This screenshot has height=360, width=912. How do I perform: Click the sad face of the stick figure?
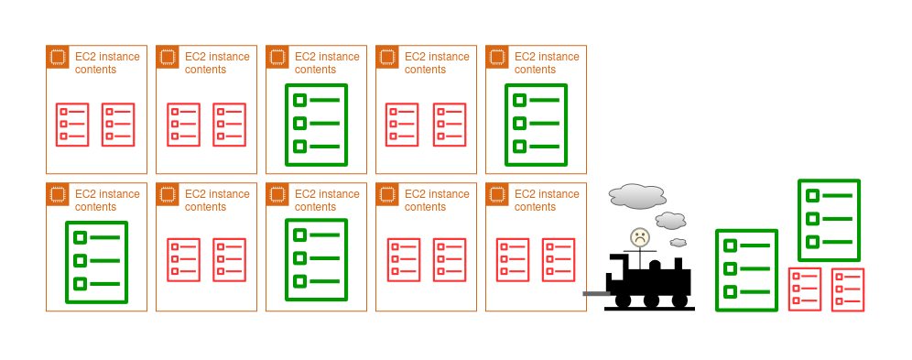640,237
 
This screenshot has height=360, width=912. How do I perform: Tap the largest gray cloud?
637,197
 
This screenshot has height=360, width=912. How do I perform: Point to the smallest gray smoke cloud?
679,243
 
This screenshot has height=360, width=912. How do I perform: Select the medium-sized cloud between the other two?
670,221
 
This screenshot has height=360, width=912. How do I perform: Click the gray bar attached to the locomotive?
596,294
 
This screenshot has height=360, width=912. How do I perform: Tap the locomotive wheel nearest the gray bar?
623,300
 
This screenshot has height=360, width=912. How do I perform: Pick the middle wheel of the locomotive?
651,300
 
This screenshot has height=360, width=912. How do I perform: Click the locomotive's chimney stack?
679,264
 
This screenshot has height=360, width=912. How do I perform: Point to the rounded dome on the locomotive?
655,266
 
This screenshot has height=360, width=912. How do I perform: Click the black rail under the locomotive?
650,309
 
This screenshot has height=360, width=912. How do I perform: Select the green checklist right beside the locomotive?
746,270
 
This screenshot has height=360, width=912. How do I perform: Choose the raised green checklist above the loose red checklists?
829,221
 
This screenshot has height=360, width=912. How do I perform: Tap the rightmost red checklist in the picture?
847,289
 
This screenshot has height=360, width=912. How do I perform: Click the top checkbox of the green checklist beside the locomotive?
730,246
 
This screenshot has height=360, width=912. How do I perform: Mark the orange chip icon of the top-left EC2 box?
57,57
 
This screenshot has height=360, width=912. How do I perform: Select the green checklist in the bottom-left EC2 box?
96,262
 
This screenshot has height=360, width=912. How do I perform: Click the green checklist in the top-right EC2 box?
536,125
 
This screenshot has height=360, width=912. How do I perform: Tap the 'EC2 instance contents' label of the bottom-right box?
547,200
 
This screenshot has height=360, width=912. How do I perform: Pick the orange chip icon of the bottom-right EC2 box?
496,194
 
